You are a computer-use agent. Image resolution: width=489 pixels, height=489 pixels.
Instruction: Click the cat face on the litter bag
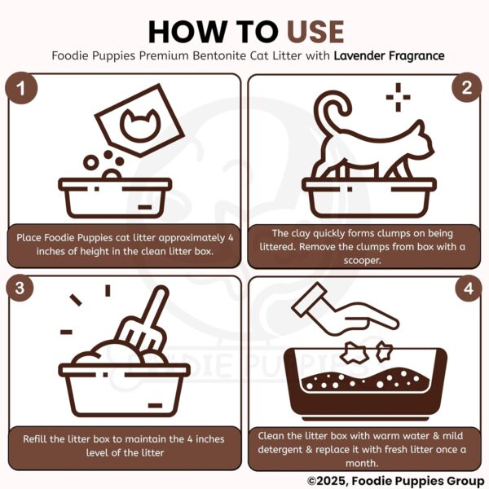(x=135, y=124)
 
